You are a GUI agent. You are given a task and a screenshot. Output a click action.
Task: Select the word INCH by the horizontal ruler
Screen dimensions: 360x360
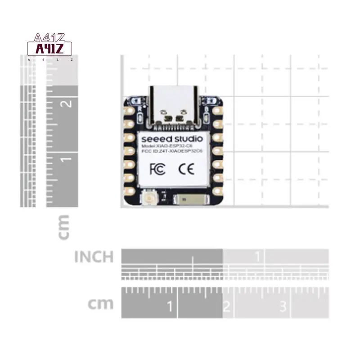coord(94,257)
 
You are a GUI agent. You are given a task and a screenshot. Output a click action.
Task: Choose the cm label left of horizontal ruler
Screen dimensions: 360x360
coord(100,304)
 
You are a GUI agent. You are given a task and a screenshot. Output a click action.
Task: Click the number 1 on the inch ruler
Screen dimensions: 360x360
coord(258,257)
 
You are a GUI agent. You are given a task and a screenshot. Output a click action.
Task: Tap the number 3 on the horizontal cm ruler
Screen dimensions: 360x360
coord(283,307)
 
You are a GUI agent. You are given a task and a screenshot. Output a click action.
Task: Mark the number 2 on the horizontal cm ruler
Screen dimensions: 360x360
coord(227,307)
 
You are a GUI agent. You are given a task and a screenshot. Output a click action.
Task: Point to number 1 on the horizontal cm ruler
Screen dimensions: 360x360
coord(170,307)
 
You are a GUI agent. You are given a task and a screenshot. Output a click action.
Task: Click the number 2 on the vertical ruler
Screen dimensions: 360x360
coord(67,103)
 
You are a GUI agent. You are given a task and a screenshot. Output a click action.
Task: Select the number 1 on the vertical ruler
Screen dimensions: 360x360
coord(67,159)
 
